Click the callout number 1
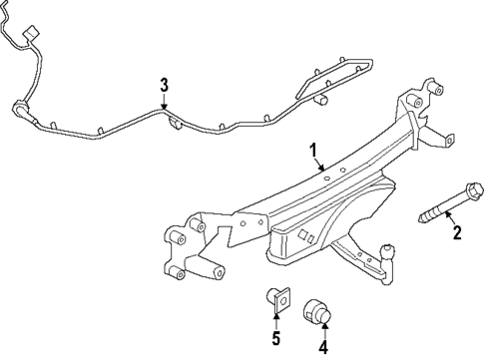point(314,153)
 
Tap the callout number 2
point(458,234)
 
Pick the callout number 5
point(275,339)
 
